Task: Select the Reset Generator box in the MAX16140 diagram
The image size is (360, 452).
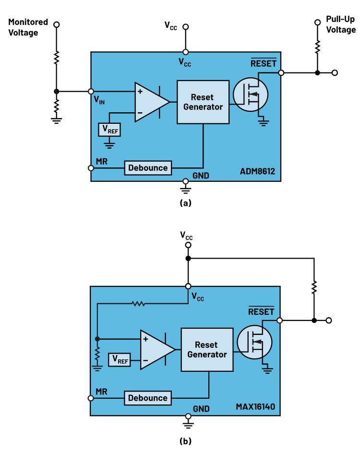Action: [x=207, y=350]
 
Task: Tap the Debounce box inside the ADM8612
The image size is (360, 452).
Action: [x=148, y=168]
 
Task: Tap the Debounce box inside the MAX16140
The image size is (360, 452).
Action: [x=147, y=398]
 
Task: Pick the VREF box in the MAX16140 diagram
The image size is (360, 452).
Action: [x=119, y=359]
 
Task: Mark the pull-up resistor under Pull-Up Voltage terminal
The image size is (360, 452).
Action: [x=317, y=47]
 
